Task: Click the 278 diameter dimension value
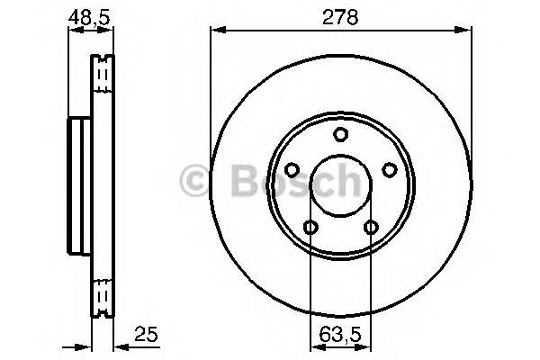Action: point(341,15)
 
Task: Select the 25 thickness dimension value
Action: point(148,335)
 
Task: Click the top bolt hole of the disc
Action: point(340,135)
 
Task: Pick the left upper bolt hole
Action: point(291,169)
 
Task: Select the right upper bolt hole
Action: point(389,169)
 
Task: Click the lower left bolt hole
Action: point(310,227)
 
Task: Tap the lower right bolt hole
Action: point(370,227)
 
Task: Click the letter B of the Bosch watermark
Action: point(237,183)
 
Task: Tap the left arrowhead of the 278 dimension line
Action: point(214,31)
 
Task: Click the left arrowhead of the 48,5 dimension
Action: point(72,31)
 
